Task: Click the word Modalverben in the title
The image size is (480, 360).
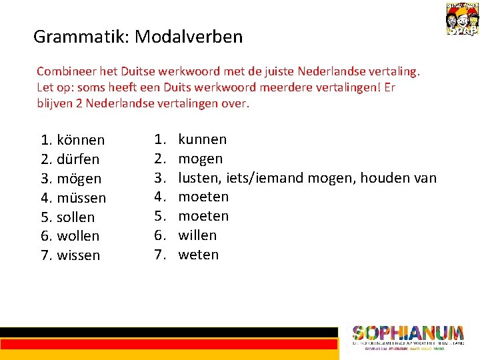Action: click(189, 37)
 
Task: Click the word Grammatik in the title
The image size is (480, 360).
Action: click(81, 37)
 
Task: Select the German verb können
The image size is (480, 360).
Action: click(81, 140)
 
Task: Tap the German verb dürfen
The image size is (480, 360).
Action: click(78, 159)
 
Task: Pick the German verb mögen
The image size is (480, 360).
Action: click(79, 179)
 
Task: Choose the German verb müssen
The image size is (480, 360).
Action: click(81, 198)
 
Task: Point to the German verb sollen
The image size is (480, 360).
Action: click(76, 217)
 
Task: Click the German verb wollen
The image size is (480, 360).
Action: click(78, 236)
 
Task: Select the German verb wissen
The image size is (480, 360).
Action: click(79, 255)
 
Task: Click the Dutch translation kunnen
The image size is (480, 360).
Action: click(202, 139)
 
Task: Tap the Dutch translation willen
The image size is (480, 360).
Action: click(197, 235)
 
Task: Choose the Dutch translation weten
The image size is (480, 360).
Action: click(198, 255)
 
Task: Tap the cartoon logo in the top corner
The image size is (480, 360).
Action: click(461, 18)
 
